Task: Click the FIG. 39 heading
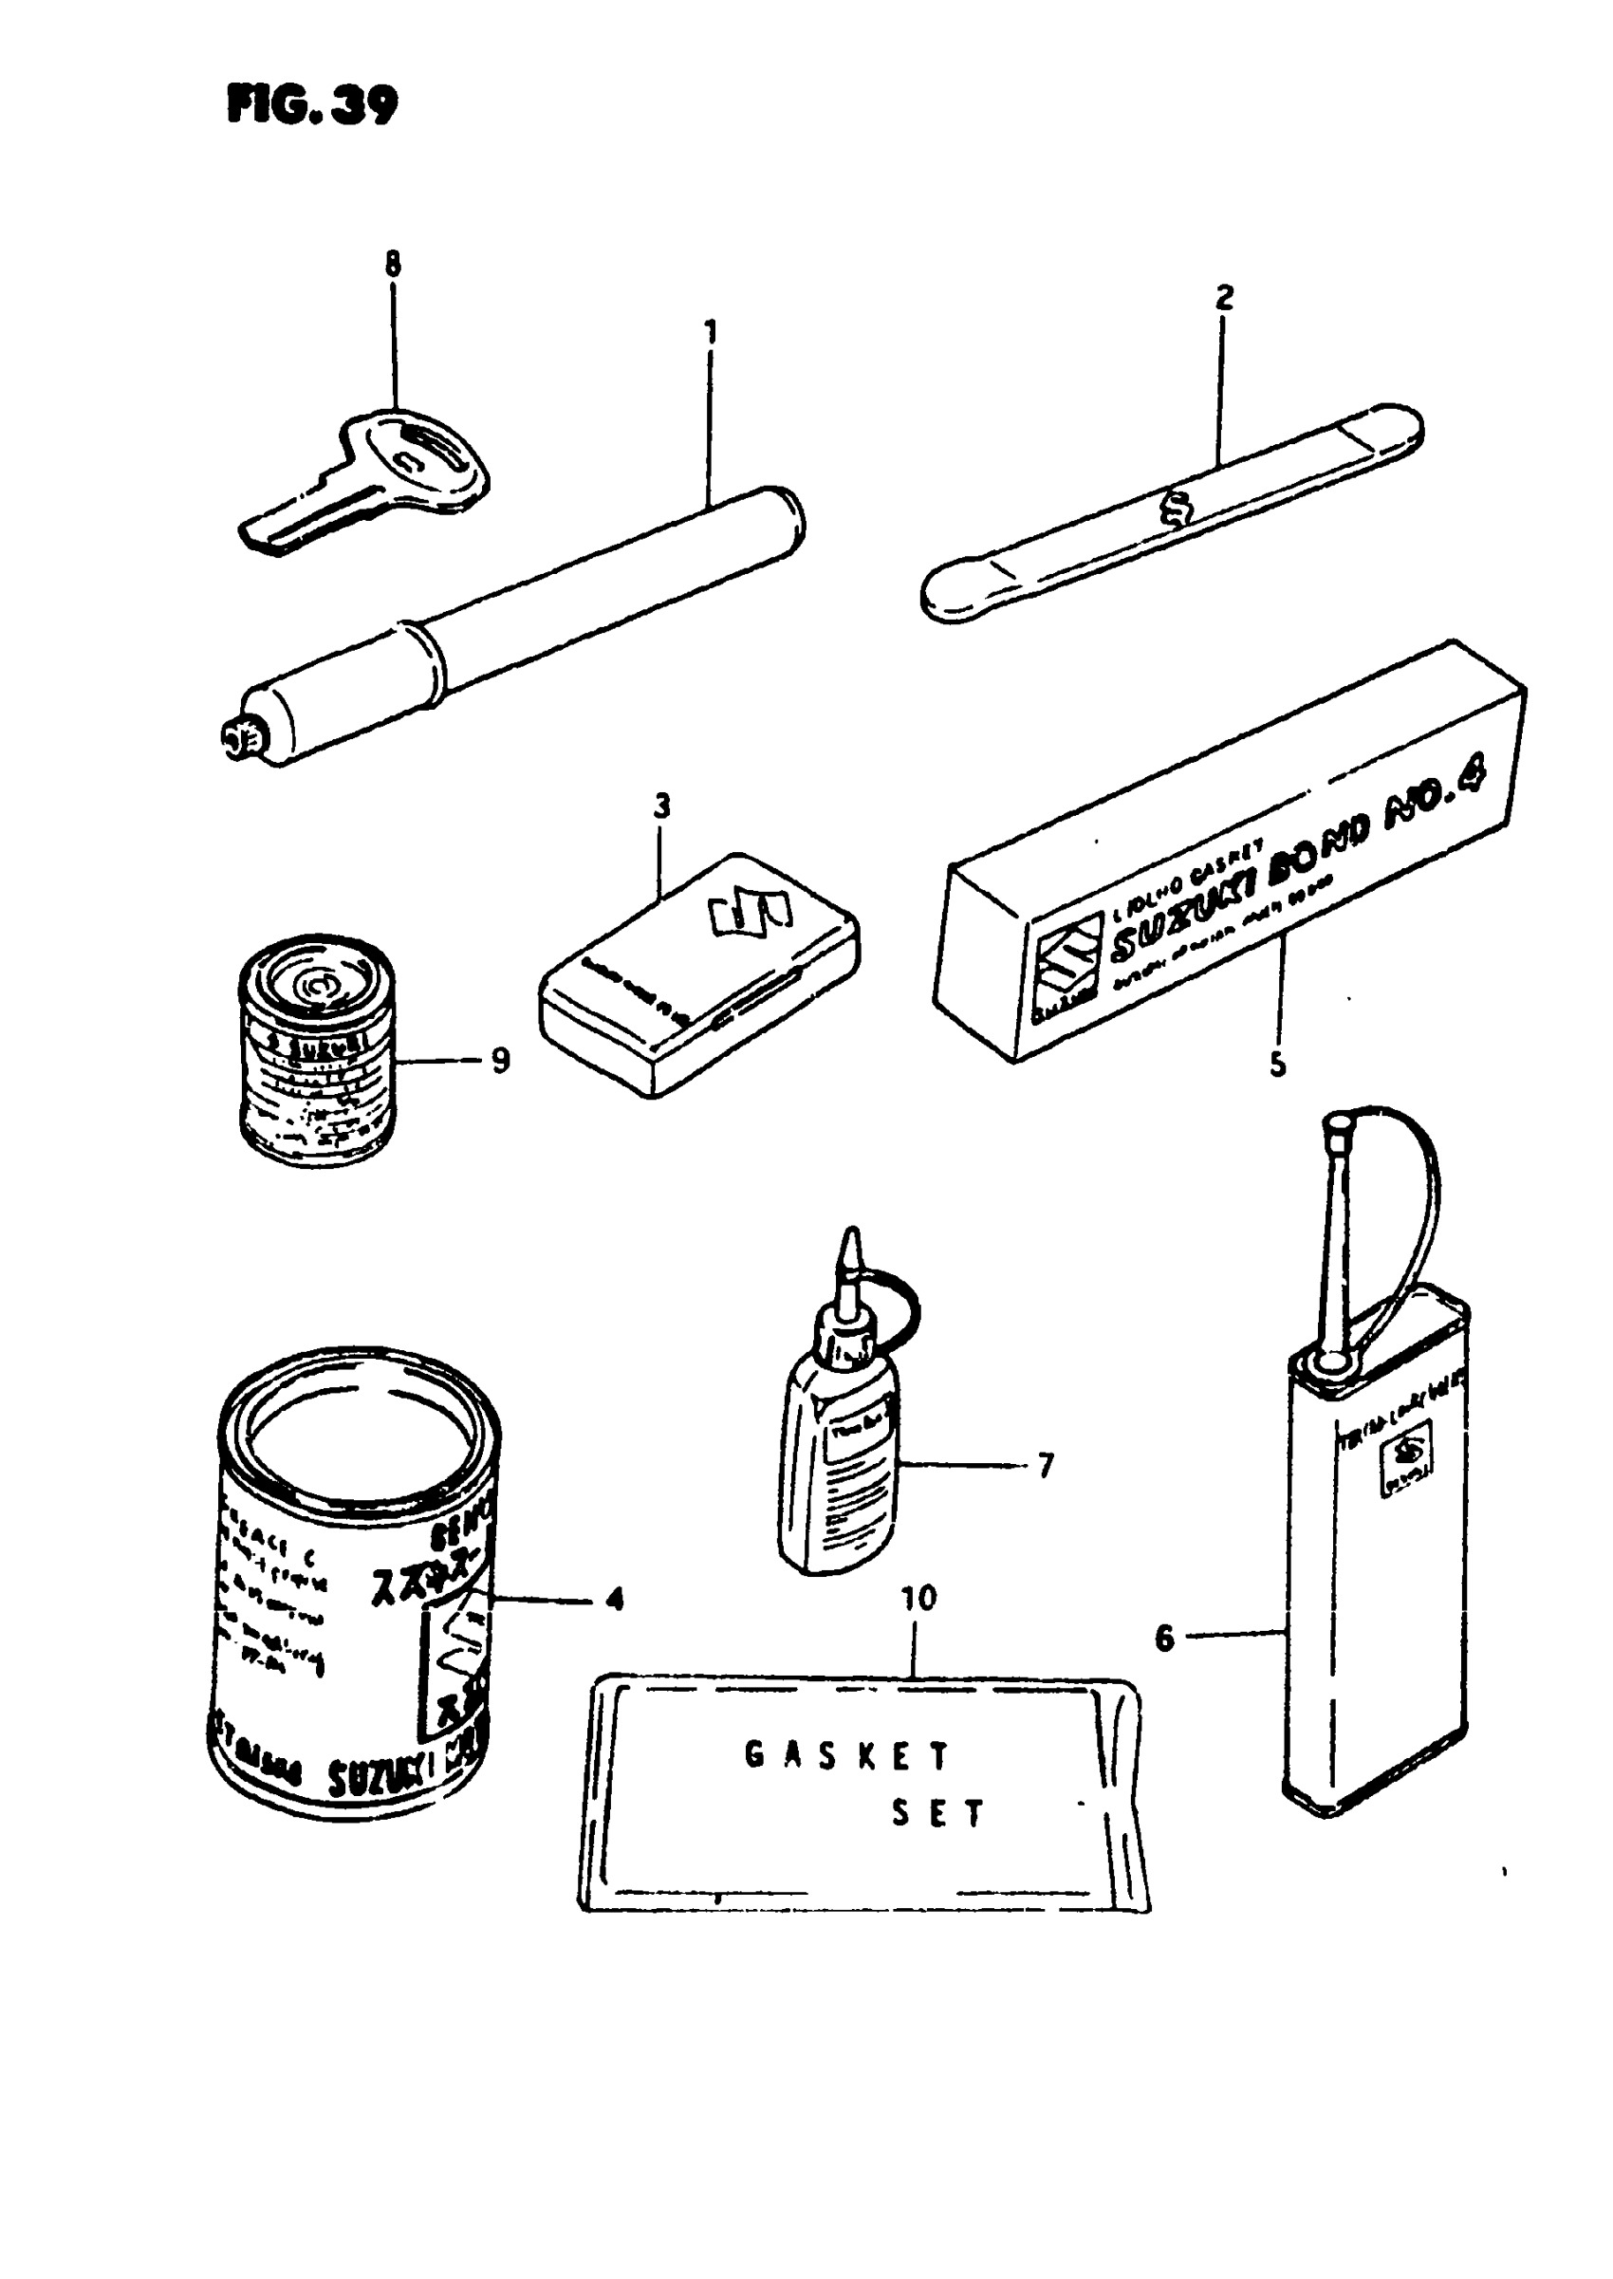tap(312, 103)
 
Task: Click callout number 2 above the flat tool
tap(1224, 297)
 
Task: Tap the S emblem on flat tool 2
tap(1177, 511)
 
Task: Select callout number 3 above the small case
tap(662, 806)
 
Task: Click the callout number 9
tap(501, 1061)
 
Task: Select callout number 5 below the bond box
tap(1277, 1065)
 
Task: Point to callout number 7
tap(1045, 1465)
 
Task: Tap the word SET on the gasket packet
tap(936, 1813)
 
